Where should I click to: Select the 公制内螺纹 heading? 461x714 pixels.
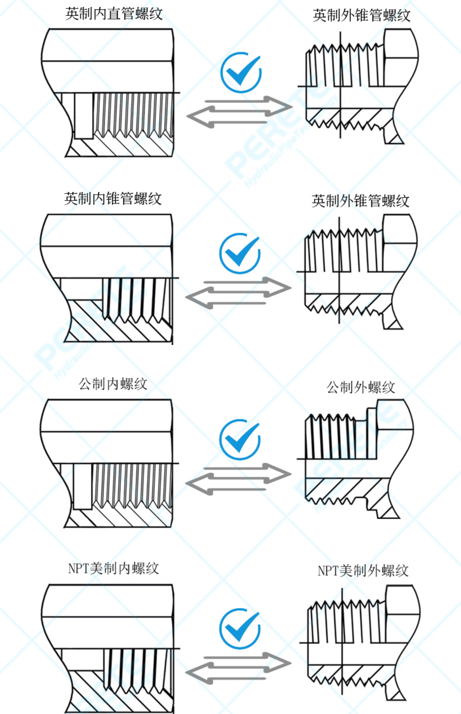click(113, 383)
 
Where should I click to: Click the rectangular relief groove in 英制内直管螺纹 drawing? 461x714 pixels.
click(83, 115)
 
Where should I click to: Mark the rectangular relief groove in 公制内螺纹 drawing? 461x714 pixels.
click(82, 486)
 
